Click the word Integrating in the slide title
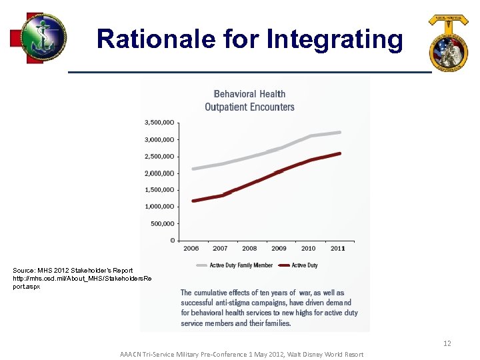[x=335, y=39]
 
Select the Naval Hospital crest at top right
[x=449, y=42]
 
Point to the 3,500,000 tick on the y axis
[x=160, y=123]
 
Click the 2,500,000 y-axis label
[x=160, y=157]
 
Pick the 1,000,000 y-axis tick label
[x=160, y=207]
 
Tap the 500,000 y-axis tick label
[x=163, y=224]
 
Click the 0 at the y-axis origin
[x=173, y=241]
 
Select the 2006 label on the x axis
[x=191, y=249]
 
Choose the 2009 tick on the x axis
[x=279, y=249]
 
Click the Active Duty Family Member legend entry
[x=241, y=265]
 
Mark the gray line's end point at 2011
[x=341, y=132]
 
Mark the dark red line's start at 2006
[x=193, y=201]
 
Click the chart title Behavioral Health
[x=249, y=94]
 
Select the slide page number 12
[x=447, y=343]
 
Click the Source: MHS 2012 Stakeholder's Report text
[x=73, y=270]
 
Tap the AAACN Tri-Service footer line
[x=241, y=354]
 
